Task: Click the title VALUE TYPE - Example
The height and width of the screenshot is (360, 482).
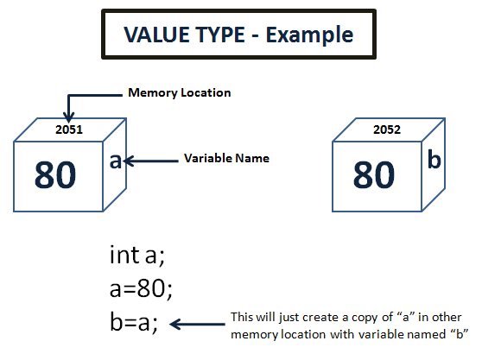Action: (x=239, y=35)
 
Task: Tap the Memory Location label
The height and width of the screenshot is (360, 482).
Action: (x=180, y=92)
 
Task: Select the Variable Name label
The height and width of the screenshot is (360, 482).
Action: (x=227, y=159)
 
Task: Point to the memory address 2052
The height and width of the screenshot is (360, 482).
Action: (x=386, y=130)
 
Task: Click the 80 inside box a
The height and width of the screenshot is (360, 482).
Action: (x=56, y=175)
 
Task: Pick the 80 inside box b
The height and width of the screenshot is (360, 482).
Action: (x=374, y=175)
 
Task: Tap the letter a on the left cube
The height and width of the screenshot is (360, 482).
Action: (x=114, y=160)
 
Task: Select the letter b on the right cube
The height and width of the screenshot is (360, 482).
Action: (x=434, y=160)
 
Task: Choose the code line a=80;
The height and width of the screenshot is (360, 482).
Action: (x=141, y=289)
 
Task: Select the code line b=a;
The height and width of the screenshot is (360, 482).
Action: (x=134, y=324)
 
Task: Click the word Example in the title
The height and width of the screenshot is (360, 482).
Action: (x=312, y=35)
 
